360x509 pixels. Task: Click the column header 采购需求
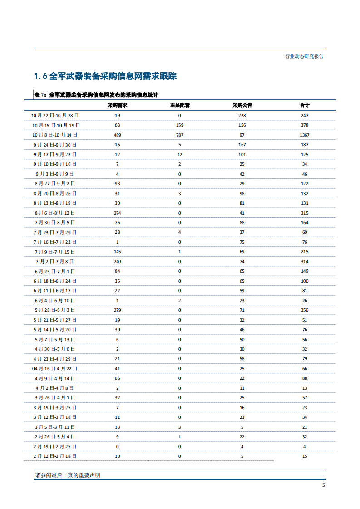point(117,105)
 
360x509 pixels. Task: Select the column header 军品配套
point(179,105)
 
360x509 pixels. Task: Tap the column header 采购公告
point(242,105)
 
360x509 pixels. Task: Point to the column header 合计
point(304,105)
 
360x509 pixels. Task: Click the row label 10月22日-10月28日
point(55,116)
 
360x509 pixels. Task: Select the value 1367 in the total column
point(304,135)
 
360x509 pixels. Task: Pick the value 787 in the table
point(179,135)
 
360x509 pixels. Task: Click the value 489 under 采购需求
point(117,135)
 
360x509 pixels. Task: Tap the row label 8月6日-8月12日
point(55,213)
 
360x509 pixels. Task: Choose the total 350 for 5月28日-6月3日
point(304,310)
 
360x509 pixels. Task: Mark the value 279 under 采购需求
point(117,310)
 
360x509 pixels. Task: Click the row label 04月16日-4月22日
point(55,369)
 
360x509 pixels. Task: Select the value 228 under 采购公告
point(242,116)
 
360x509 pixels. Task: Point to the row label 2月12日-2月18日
point(55,456)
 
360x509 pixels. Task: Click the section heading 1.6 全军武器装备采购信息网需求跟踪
point(105,76)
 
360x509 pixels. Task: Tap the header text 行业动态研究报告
point(304,57)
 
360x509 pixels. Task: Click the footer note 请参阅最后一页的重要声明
point(67,475)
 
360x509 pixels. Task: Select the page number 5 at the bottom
point(323,485)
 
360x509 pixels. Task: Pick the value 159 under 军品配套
point(179,125)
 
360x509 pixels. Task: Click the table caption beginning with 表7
point(96,94)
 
